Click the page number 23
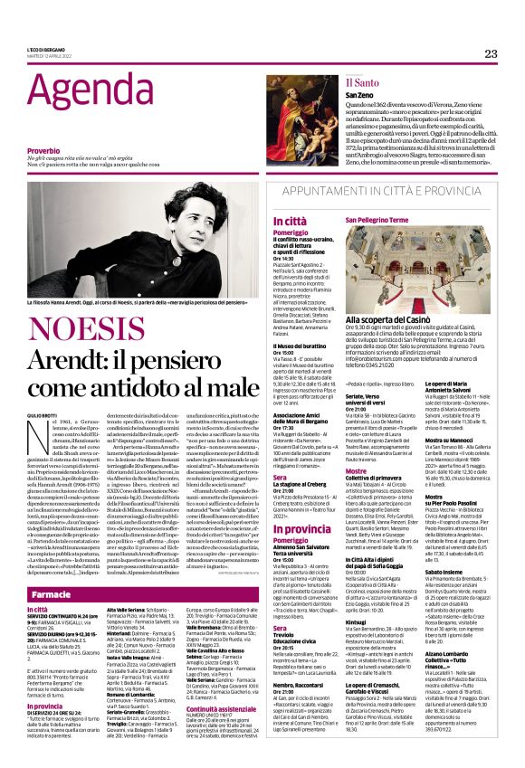(491, 53)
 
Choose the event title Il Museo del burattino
(302, 346)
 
